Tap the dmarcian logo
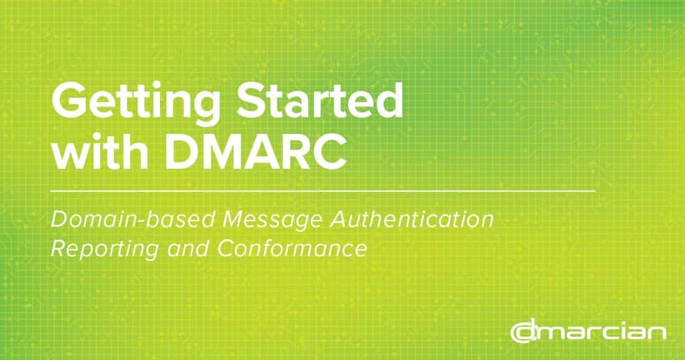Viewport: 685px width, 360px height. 588,331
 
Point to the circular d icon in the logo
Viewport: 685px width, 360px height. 522,331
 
